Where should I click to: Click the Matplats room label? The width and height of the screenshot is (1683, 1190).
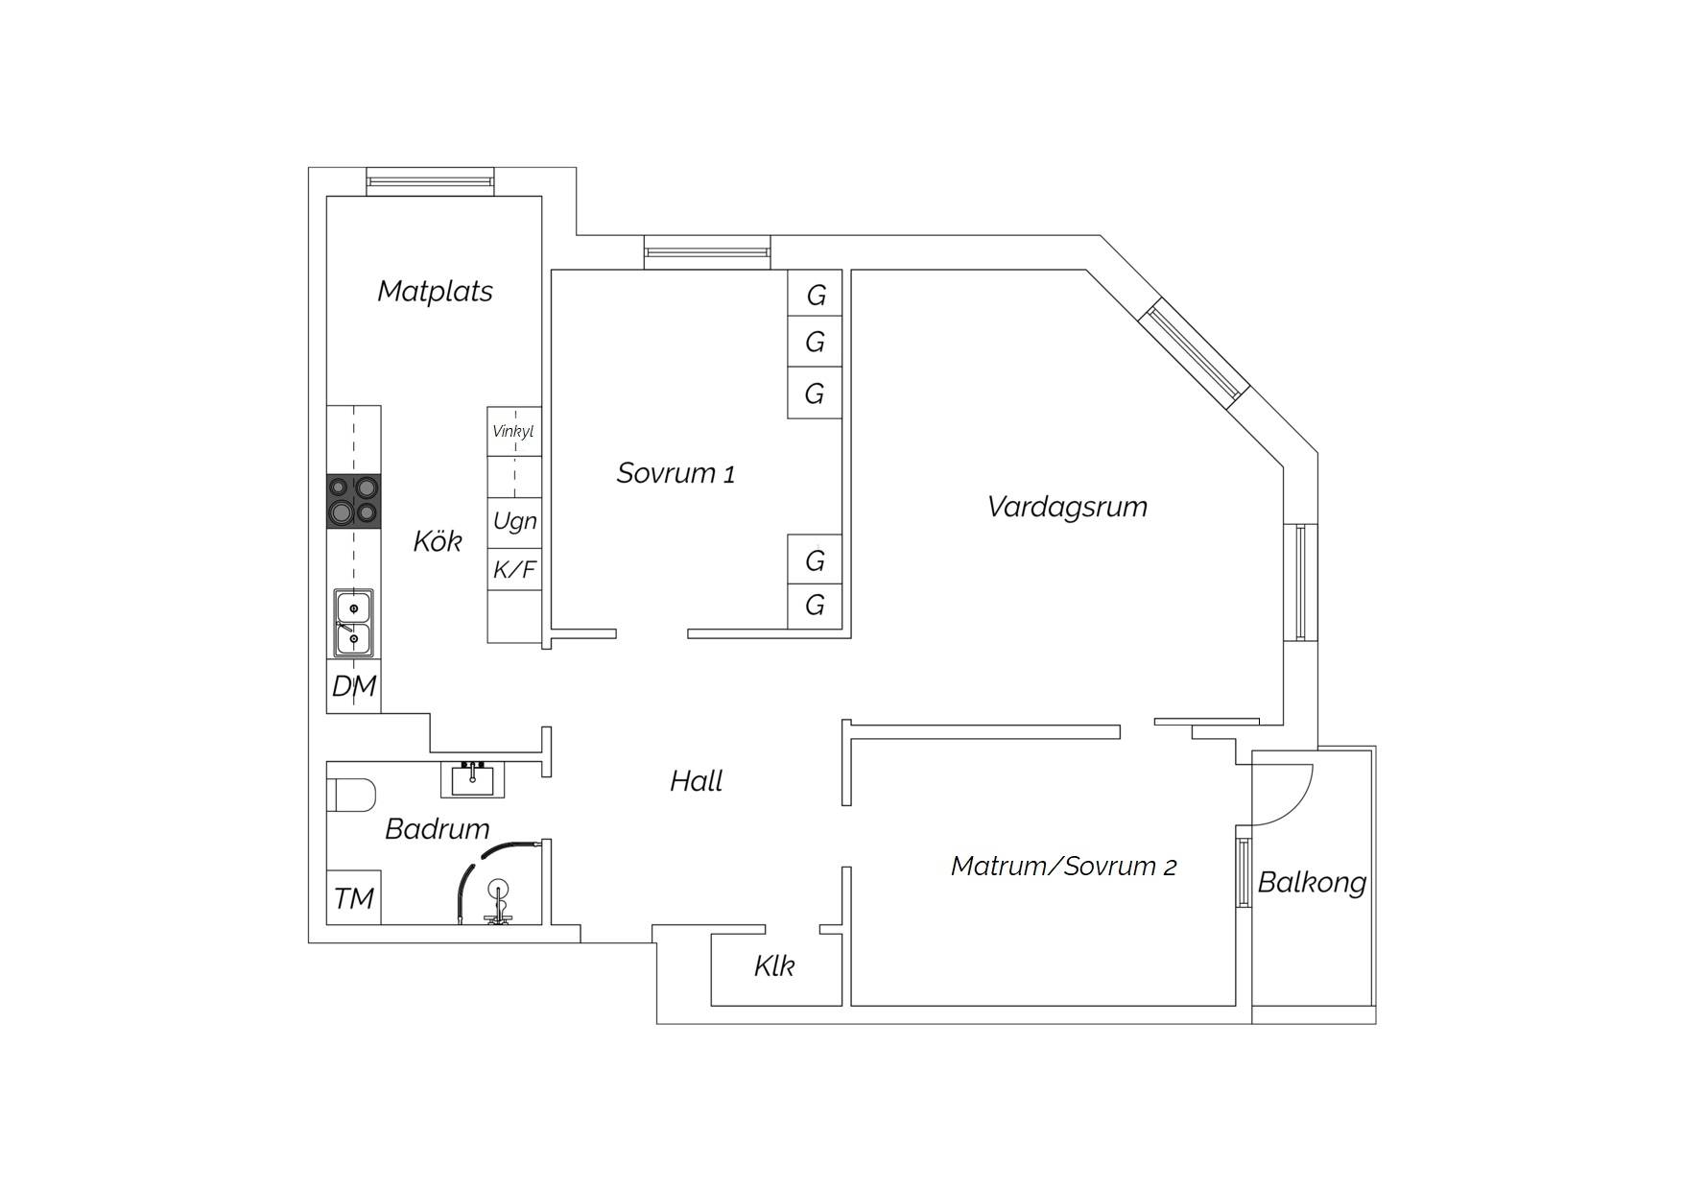pyautogui.click(x=435, y=291)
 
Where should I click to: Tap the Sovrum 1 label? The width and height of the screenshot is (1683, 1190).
pyautogui.click(x=676, y=473)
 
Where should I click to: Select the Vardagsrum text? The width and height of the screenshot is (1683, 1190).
pyautogui.click(x=1067, y=507)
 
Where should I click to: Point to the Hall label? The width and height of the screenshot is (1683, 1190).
pyautogui.click(x=696, y=781)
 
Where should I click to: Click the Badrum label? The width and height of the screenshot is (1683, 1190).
pyautogui.click(x=438, y=828)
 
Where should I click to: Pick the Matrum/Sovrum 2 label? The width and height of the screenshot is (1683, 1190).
pyautogui.click(x=1063, y=867)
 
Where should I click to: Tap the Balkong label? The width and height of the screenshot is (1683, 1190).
pyautogui.click(x=1312, y=883)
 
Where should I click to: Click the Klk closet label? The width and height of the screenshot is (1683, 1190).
pyautogui.click(x=774, y=965)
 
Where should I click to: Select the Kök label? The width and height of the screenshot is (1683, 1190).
pyautogui.click(x=438, y=541)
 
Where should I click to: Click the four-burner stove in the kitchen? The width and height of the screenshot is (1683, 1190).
pyautogui.click(x=354, y=501)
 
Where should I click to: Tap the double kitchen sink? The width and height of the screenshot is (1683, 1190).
pyautogui.click(x=354, y=623)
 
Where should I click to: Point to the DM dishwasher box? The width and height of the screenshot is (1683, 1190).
pyautogui.click(x=354, y=686)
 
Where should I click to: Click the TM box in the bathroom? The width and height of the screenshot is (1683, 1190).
pyautogui.click(x=354, y=898)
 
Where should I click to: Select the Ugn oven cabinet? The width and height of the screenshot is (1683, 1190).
pyautogui.click(x=514, y=523)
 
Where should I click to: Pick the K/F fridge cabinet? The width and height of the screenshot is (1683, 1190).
pyautogui.click(x=514, y=570)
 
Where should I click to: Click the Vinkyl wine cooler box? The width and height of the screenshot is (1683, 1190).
pyautogui.click(x=514, y=432)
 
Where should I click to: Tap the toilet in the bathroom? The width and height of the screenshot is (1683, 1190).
pyautogui.click(x=351, y=796)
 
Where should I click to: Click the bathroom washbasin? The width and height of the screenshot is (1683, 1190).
pyautogui.click(x=472, y=780)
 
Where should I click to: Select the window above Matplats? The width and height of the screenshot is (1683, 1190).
pyautogui.click(x=431, y=180)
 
